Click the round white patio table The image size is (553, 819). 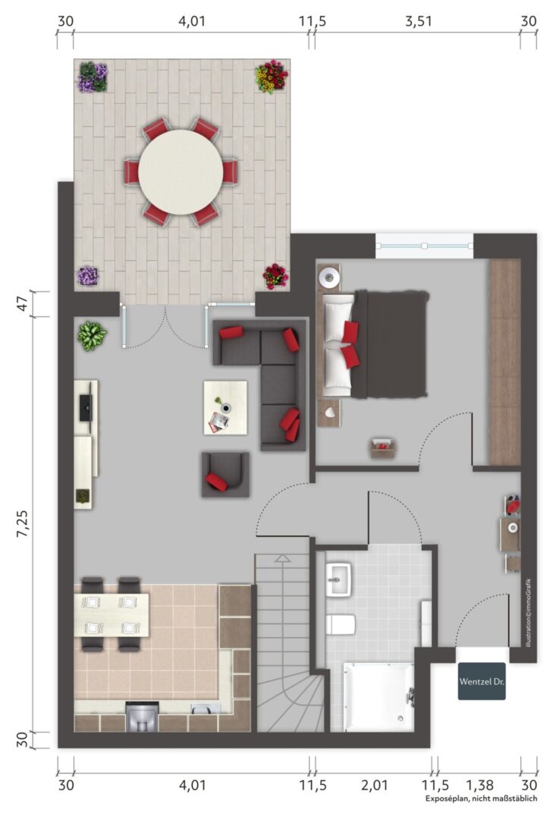click(181, 172)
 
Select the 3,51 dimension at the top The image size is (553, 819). click(418, 21)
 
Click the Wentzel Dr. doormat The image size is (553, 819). click(482, 681)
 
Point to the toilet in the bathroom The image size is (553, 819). click(341, 623)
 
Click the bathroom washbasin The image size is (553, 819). click(339, 579)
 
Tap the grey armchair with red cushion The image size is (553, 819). click(225, 474)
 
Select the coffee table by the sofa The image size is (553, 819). click(225, 407)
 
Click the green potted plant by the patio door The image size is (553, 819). click(92, 336)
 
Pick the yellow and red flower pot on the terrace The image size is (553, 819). click(272, 77)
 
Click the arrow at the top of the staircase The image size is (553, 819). click(282, 558)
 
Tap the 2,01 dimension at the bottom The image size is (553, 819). click(374, 785)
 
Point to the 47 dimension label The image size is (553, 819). click(23, 303)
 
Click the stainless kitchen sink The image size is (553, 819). click(206, 709)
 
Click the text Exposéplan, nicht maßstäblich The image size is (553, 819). click(482, 799)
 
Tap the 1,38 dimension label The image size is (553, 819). click(479, 785)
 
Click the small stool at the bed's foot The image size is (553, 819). click(383, 448)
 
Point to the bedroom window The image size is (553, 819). click(424, 246)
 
